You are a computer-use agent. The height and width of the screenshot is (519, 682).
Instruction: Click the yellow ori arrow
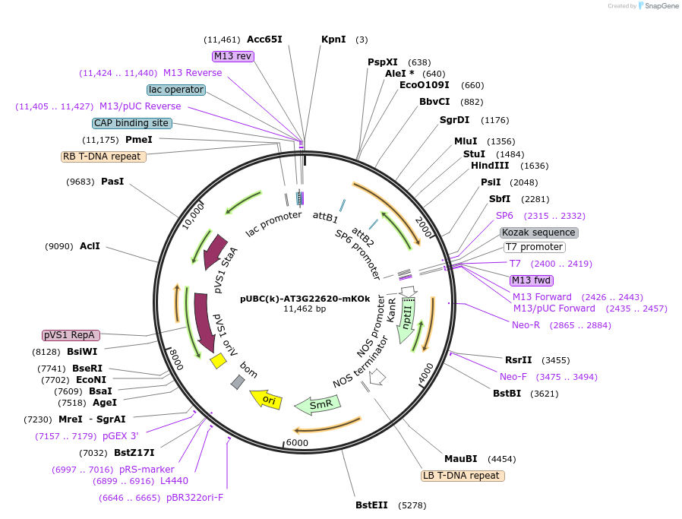click(267, 398)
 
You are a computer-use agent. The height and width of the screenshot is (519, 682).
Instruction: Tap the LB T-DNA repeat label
click(463, 476)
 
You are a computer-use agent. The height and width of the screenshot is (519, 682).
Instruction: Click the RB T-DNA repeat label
click(103, 157)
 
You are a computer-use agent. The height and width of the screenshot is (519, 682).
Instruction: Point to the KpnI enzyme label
click(333, 39)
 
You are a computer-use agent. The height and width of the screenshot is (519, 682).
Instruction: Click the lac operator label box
click(176, 90)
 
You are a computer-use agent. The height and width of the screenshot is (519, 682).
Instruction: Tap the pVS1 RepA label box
click(71, 335)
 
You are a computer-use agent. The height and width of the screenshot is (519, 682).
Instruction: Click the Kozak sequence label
click(539, 233)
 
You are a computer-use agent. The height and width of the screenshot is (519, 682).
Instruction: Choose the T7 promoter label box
click(534, 247)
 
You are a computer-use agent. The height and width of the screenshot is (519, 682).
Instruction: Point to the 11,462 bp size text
click(305, 309)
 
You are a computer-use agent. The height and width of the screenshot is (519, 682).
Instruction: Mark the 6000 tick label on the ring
click(297, 443)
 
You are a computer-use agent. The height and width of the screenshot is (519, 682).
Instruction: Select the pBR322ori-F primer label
click(194, 498)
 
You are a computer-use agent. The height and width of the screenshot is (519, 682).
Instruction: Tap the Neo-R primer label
click(526, 324)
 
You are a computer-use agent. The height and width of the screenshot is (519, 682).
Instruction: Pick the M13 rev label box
click(232, 56)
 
